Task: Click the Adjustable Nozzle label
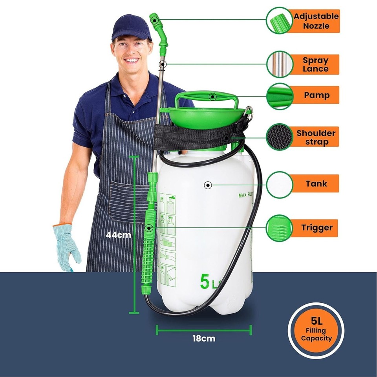point(315,21)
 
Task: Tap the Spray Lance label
point(315,64)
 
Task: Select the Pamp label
point(316,95)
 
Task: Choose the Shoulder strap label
point(316,137)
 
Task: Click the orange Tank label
point(316,183)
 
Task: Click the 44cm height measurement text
point(118,235)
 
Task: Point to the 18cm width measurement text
point(203,338)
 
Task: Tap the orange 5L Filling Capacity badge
point(316,330)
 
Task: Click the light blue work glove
point(67,246)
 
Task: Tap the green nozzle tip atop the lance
point(154,19)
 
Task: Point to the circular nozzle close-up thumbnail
point(280,20)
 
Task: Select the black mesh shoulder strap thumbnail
point(280,137)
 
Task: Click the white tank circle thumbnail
point(280,184)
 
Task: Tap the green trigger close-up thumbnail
point(280,228)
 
